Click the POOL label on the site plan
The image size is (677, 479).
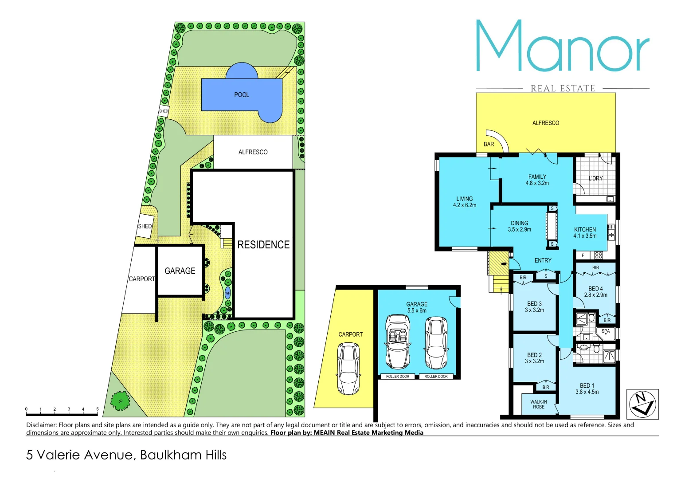coord(242,95)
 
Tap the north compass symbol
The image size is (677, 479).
coord(642,404)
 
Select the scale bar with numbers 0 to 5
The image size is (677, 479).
coord(62,414)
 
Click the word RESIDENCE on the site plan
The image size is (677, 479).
coord(263,245)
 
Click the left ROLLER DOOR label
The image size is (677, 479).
coord(398,377)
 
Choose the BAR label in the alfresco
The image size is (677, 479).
coord(489,144)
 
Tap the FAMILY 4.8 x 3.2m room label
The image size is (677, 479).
coord(537,180)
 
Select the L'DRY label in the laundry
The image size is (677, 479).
coord(595,178)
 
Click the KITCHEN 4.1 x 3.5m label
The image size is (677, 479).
coord(585,232)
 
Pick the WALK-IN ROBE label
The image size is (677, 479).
coord(539,404)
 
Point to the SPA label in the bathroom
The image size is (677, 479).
coord(606,331)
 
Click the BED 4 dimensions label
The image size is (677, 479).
coord(595,292)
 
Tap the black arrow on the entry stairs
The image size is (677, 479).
coord(504,264)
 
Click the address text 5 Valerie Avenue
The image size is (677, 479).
coord(126,455)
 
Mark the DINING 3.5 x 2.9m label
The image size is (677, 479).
coord(519,226)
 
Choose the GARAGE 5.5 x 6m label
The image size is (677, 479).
coord(417,307)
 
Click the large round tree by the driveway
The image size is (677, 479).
coord(120,400)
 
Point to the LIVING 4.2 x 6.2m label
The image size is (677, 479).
coord(464,202)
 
